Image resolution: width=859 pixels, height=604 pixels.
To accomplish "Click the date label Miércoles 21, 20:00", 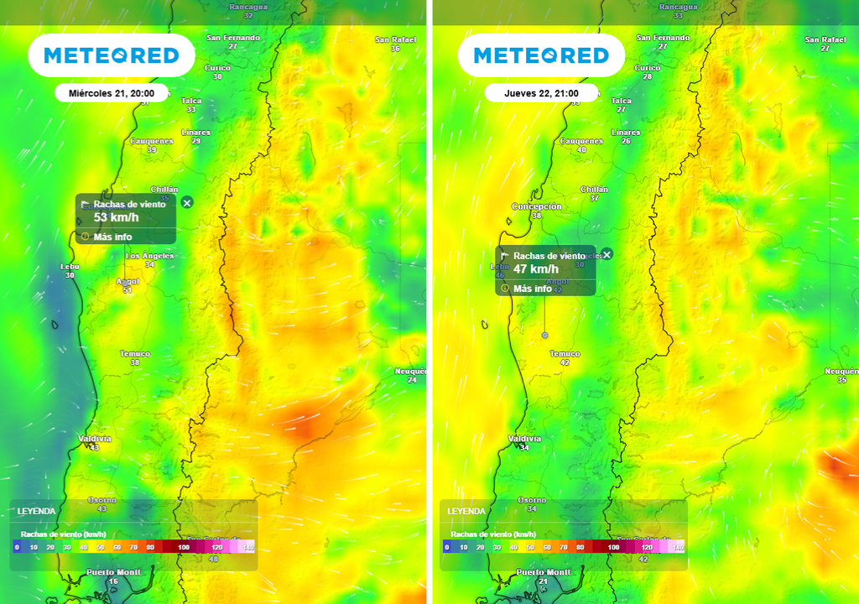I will (111, 93).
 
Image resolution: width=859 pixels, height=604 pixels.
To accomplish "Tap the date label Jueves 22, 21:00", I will (541, 93).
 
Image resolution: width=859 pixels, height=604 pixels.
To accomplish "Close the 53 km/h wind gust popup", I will (187, 202).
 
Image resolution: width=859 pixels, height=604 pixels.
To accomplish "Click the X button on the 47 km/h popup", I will (607, 254).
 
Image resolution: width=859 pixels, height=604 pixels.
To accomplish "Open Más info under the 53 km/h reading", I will (112, 237).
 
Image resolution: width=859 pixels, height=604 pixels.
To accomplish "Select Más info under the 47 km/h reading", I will (532, 289).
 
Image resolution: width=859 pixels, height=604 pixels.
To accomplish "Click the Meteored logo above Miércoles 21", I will (112, 55).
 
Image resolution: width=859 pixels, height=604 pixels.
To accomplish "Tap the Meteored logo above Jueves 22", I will (541, 55).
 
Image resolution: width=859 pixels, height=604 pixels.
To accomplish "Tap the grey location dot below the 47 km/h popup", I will (544, 335).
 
